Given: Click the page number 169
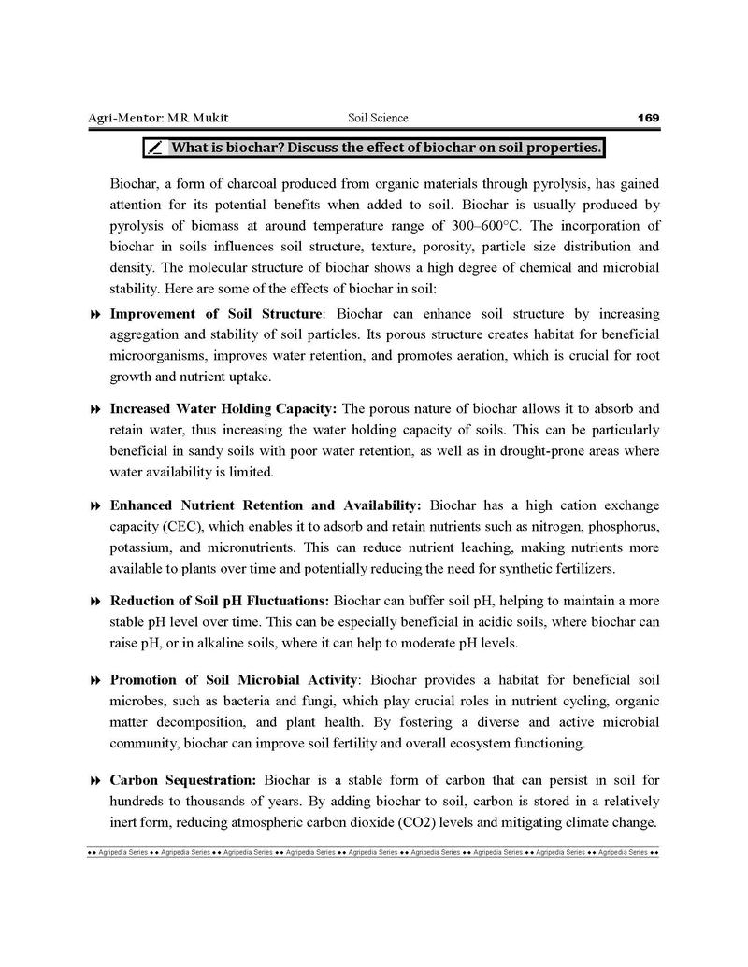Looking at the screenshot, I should coord(648,118).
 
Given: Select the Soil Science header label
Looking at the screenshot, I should coord(378,118).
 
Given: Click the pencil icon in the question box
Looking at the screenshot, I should coord(156,148).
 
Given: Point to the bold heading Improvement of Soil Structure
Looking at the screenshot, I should coord(216,313).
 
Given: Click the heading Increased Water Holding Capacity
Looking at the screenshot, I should coord(225,409).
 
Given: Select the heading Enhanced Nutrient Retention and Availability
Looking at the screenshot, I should coord(266,505).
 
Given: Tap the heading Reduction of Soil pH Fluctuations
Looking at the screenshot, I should coord(219,602).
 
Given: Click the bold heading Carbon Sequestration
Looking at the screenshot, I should coord(182,779).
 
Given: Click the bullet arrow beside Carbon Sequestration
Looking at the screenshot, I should coord(94,780).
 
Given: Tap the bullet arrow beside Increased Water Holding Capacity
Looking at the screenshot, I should coord(94,410).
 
